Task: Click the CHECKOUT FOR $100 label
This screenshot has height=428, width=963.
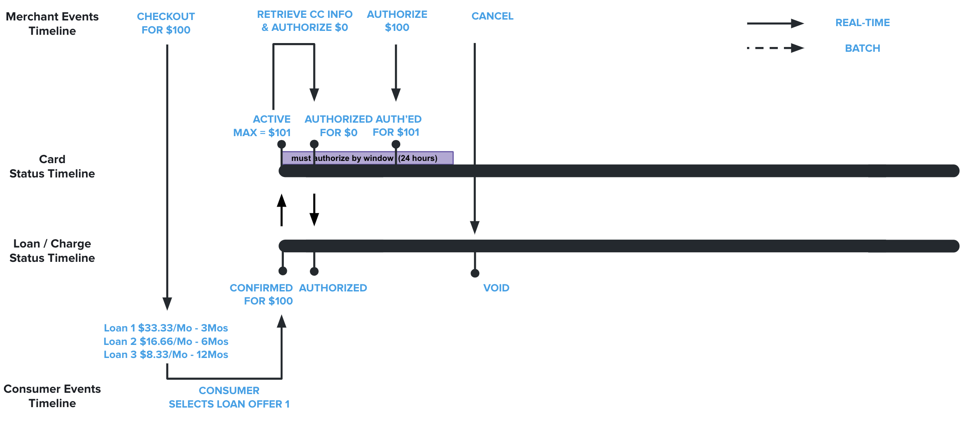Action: [x=166, y=23]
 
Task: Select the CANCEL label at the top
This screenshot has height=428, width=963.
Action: [x=492, y=16]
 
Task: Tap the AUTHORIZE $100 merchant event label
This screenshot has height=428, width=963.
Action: [x=397, y=21]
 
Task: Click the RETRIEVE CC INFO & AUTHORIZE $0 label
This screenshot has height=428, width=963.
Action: [x=305, y=21]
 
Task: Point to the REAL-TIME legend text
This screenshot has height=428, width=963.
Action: [x=862, y=23]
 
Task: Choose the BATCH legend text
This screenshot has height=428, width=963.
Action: [x=862, y=48]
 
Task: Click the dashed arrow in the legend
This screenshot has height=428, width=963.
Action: [x=775, y=48]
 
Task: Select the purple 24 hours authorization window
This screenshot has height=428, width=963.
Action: [x=367, y=158]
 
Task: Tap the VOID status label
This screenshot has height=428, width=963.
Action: [x=496, y=288]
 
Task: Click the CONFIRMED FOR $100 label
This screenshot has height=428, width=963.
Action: [x=261, y=294]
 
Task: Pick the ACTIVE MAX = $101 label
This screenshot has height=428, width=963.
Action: [x=262, y=126]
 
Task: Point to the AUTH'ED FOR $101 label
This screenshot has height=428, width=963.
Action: [x=397, y=126]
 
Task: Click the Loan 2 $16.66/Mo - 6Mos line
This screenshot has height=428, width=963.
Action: [x=166, y=341]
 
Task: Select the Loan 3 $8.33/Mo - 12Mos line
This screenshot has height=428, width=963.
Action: [x=166, y=354]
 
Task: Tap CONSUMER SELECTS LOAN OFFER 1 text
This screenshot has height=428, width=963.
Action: [x=229, y=397]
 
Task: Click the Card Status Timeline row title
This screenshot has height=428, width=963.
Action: [x=52, y=166]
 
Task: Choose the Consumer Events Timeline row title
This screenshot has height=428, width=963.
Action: [x=52, y=396]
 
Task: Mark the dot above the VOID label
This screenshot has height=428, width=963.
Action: [x=475, y=273]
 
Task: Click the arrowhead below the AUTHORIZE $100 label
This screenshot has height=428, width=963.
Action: [x=395, y=94]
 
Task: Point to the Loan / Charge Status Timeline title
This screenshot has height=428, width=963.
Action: [x=52, y=251]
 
